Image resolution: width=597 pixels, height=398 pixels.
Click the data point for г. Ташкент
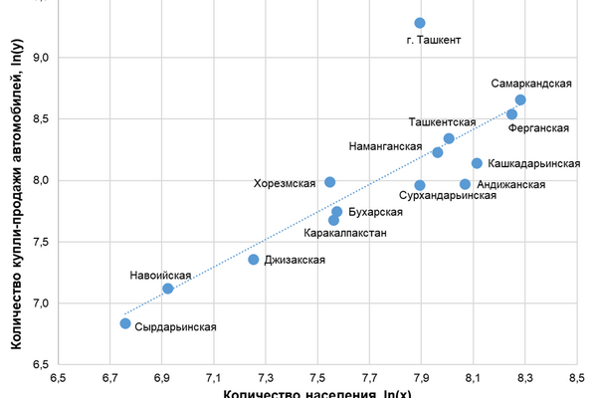click(420, 23)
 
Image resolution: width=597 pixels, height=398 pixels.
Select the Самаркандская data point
click(520, 100)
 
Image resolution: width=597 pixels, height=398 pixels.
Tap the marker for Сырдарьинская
click(125, 323)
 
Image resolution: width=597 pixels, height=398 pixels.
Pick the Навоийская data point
click(168, 289)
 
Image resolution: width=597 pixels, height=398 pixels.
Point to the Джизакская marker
click(254, 260)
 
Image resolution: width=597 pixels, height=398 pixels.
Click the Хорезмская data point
click(330, 182)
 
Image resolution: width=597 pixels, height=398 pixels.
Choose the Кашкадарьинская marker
click(477, 163)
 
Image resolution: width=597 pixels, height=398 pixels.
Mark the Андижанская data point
click(465, 184)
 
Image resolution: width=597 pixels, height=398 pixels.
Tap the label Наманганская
click(386, 146)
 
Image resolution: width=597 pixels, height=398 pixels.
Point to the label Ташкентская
click(442, 122)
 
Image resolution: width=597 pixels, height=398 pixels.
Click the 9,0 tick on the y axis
click(43, 58)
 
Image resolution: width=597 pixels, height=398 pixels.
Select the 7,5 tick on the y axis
click(43, 242)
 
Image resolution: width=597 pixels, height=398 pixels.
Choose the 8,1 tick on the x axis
click(473, 379)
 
